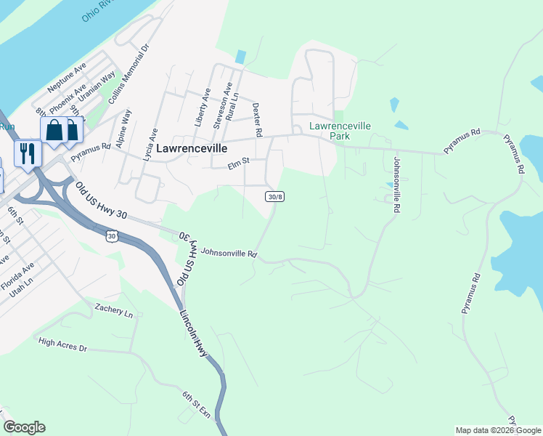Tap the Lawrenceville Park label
[340, 131]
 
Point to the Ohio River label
[102, 9]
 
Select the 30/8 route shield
[274, 197]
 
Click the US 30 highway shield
[111, 235]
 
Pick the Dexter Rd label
[256, 117]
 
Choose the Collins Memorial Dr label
[128, 75]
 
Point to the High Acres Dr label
[62, 345]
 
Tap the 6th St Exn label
[196, 405]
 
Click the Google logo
[24, 427]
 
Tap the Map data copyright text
[498, 430]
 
